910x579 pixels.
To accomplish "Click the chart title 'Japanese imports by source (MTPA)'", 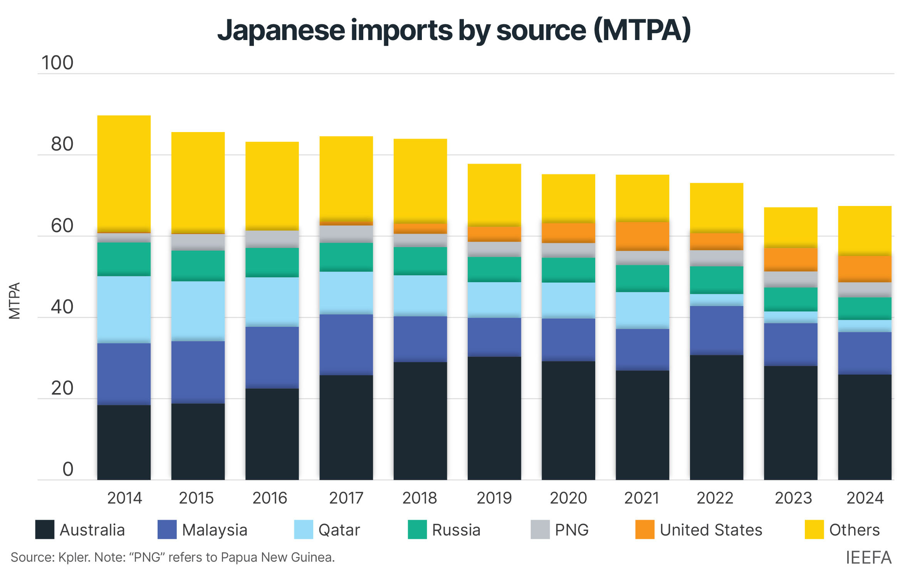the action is [x=454, y=30].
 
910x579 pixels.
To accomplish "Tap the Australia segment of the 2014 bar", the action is [x=124, y=442].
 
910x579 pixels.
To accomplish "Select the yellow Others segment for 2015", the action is [x=198, y=183].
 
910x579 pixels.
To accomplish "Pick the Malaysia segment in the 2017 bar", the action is [x=346, y=345].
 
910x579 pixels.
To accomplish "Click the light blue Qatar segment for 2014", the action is [x=124, y=310].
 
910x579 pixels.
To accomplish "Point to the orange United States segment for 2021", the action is [x=642, y=236].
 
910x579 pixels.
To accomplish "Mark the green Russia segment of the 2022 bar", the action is [x=716, y=280].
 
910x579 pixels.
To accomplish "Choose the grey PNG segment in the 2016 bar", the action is [x=272, y=239].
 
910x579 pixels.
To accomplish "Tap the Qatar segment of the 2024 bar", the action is [x=865, y=326].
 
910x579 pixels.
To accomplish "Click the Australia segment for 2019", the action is [x=494, y=418].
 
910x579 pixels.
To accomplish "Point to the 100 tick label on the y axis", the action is [x=57, y=63].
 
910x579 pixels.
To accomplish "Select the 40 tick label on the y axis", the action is [x=62, y=307].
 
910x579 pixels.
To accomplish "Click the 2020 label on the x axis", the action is [x=568, y=498].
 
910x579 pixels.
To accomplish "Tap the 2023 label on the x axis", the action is [x=793, y=498].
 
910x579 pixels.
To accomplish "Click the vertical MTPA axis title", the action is [x=15, y=301].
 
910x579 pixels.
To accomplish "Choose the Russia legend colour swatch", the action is [x=417, y=529].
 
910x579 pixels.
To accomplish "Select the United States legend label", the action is [x=711, y=530].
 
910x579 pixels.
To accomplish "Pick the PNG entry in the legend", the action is [x=560, y=530].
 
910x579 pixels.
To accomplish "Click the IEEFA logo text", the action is [x=869, y=557].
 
